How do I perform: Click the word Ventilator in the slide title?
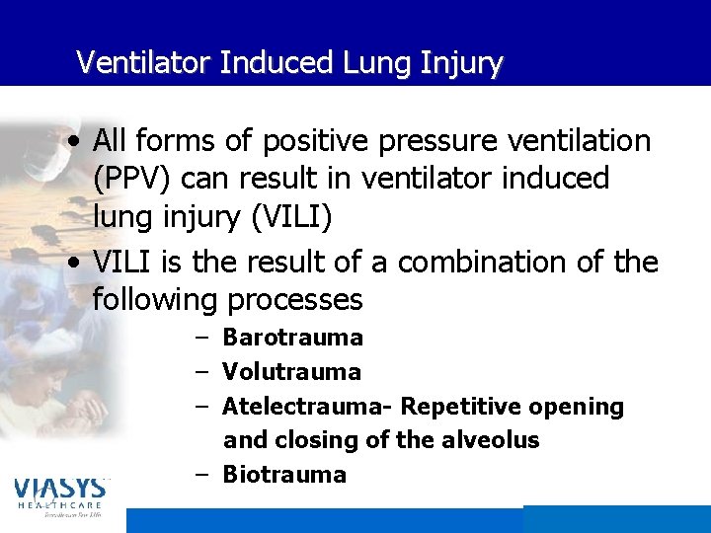(145, 63)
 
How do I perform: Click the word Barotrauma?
(293, 338)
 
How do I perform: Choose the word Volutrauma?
(292, 372)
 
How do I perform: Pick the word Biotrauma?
(284, 475)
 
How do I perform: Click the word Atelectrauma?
(307, 407)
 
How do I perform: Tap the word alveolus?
(491, 440)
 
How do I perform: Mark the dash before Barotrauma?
(200, 338)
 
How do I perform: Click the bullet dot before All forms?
(76, 142)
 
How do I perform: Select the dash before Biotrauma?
(200, 475)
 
